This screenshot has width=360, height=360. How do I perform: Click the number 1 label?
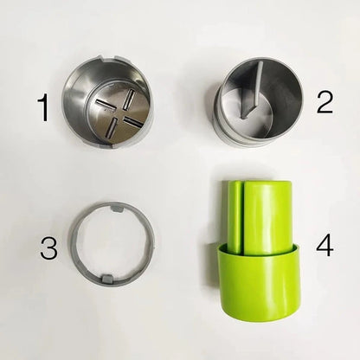pyautogui.click(x=42, y=109)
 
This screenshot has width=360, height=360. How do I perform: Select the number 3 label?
pyautogui.click(x=48, y=249)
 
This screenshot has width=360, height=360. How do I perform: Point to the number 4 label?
pyautogui.click(x=324, y=246)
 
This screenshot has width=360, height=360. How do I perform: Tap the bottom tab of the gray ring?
pyautogui.click(x=111, y=278)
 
